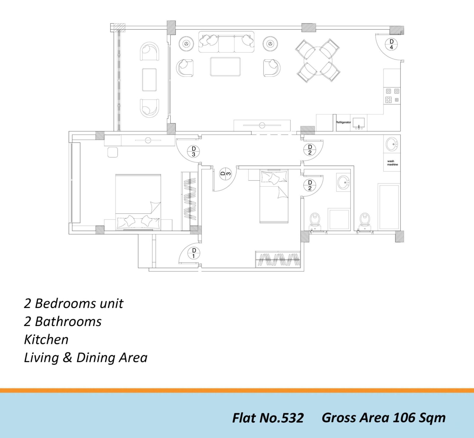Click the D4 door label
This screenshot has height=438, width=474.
[391, 44]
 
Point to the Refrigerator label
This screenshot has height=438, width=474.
[343, 122]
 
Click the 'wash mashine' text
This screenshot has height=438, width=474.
[393, 163]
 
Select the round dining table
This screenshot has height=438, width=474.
[318, 60]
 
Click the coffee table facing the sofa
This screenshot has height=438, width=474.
[225, 67]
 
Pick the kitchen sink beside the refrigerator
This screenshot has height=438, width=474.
[359, 123]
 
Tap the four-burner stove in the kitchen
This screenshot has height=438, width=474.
[392, 96]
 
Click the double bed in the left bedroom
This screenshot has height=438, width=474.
[138, 202]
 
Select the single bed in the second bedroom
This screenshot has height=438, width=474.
[274, 196]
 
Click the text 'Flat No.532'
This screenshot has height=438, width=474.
[268, 418]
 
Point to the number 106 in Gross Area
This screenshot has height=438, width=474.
[404, 418]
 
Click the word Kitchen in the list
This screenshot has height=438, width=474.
[46, 340]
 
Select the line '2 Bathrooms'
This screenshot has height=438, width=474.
[63, 322]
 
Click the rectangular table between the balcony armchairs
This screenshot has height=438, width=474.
[149, 80]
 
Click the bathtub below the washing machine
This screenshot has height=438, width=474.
[389, 207]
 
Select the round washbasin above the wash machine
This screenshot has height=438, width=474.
[392, 144]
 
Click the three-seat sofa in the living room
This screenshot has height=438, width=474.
[226, 41]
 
